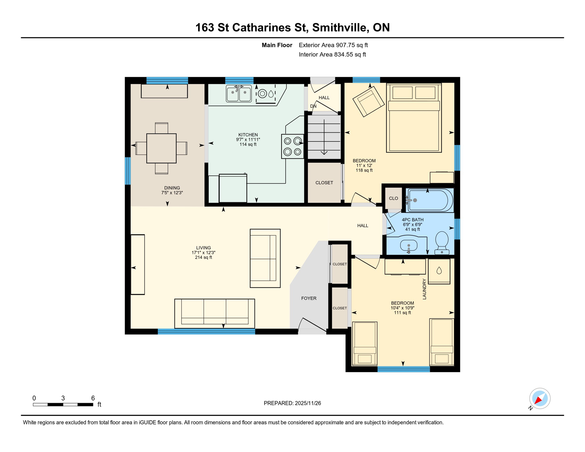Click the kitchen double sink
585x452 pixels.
(x=239, y=93)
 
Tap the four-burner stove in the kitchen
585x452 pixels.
(x=292, y=146)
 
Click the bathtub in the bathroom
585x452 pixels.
(x=429, y=200)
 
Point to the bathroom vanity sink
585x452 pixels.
(x=409, y=245)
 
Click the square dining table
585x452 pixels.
(x=161, y=148)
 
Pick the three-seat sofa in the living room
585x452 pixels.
(x=215, y=313)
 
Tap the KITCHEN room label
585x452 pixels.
(x=248, y=135)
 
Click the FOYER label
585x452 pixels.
(x=309, y=298)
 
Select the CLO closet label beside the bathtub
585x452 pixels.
(x=393, y=198)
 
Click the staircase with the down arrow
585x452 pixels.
(x=324, y=137)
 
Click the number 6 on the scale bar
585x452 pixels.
(x=93, y=398)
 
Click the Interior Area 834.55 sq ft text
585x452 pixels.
(x=332, y=54)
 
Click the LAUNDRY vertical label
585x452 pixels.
(x=424, y=289)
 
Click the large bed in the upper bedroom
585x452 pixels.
(x=414, y=118)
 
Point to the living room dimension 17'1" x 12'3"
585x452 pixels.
(x=203, y=252)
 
